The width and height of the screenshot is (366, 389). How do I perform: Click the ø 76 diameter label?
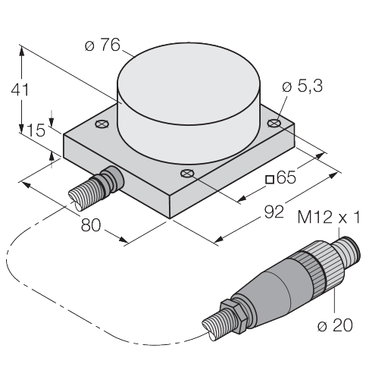[102, 45]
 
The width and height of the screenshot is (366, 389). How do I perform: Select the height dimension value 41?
[20, 89]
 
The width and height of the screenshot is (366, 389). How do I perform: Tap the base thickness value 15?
[36, 130]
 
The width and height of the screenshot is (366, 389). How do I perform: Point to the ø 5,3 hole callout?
[302, 86]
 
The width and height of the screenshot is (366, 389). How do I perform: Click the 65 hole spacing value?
[286, 177]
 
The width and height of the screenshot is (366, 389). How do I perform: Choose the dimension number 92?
[274, 212]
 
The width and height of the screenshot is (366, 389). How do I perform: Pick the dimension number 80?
[91, 225]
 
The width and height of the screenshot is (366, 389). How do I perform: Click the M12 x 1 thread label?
[328, 217]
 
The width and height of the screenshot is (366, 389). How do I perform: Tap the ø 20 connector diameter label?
[335, 325]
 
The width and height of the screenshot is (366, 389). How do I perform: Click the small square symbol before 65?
[270, 179]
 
